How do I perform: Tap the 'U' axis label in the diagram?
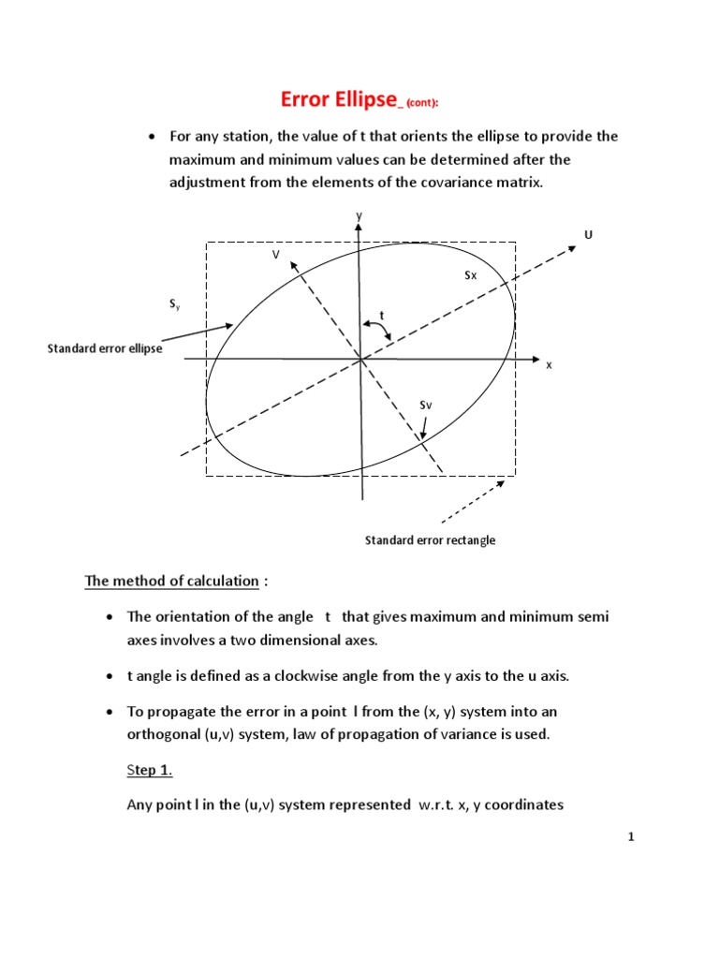click(x=588, y=234)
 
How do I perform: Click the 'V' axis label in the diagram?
click(x=275, y=254)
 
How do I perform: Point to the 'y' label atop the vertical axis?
click(x=358, y=215)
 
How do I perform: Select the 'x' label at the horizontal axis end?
click(x=549, y=365)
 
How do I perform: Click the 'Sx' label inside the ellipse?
click(x=471, y=275)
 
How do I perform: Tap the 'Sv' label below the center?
click(x=425, y=405)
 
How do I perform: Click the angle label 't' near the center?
click(x=382, y=315)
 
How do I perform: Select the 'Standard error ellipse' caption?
click(x=105, y=348)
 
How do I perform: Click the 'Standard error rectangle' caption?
click(x=430, y=540)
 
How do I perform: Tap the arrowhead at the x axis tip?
click(x=536, y=359)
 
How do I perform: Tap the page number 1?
click(x=632, y=837)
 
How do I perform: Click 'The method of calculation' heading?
click(x=171, y=581)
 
